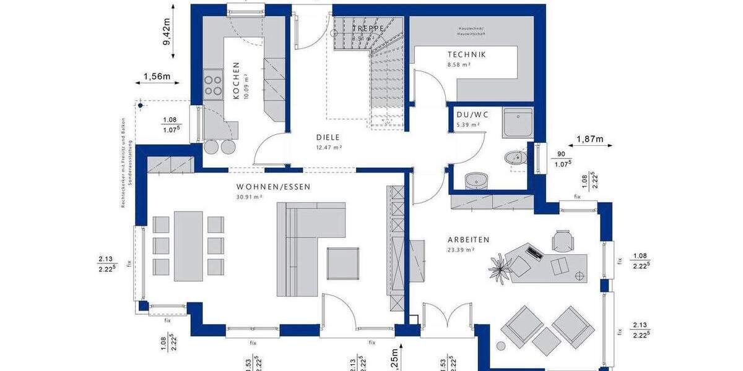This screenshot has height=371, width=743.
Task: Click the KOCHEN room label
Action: (x=236, y=80)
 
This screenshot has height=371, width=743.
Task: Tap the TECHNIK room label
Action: (x=467, y=54)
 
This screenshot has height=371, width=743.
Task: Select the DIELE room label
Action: (x=328, y=138)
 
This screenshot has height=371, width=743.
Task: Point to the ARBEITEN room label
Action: (x=469, y=239)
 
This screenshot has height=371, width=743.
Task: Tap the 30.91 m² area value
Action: (x=250, y=197)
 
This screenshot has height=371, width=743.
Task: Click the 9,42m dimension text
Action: (x=167, y=34)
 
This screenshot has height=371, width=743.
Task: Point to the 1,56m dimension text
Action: (x=157, y=77)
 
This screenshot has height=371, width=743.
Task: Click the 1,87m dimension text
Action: (x=589, y=139)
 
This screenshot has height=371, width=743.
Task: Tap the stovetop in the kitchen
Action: (x=213, y=84)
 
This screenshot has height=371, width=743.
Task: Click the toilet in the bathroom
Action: (x=514, y=158)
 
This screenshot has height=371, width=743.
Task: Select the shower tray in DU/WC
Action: (x=518, y=122)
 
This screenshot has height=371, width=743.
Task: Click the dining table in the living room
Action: (x=188, y=245)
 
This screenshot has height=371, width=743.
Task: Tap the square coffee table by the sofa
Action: (x=343, y=263)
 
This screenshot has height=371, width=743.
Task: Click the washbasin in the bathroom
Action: (x=476, y=179)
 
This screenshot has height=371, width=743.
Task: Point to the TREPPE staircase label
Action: (x=368, y=28)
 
